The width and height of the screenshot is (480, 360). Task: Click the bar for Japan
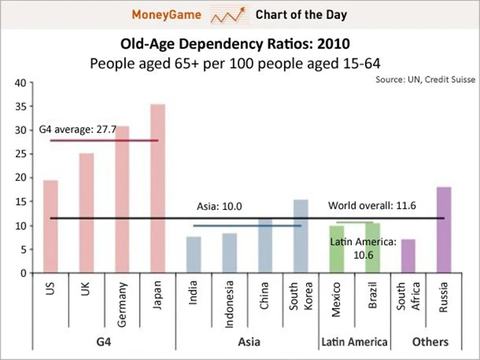pyautogui.click(x=157, y=187)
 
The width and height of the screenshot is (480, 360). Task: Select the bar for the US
pyautogui.click(x=50, y=226)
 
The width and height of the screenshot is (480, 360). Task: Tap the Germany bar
pyautogui.click(x=122, y=199)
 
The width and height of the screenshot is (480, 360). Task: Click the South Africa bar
pyautogui.click(x=408, y=256)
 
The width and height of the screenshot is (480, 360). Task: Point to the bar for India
pyautogui.click(x=193, y=254)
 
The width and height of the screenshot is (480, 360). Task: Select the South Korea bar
pyautogui.click(x=301, y=235)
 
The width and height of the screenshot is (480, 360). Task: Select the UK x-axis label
pyautogui.click(x=86, y=289)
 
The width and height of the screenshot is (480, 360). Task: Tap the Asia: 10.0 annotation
pyautogui.click(x=219, y=206)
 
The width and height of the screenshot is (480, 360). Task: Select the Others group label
pyautogui.click(x=430, y=342)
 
